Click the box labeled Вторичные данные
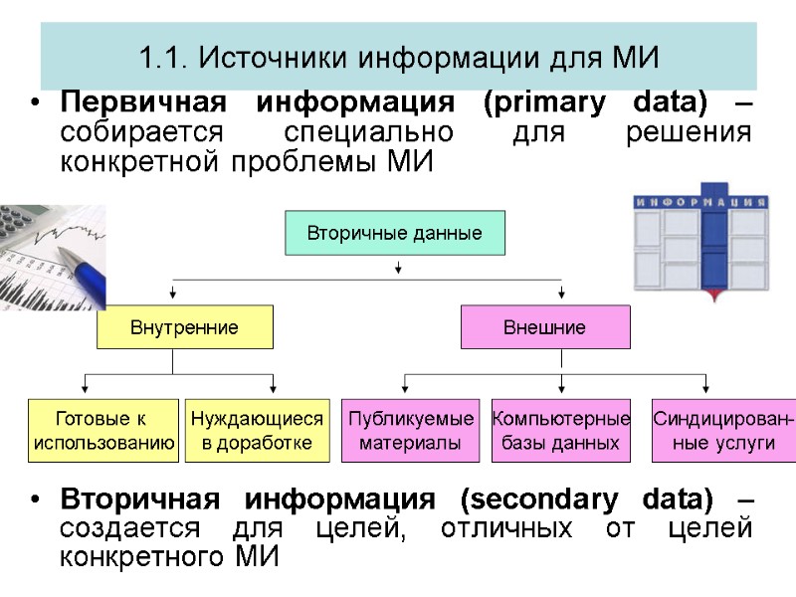click(395, 234)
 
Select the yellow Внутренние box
click(184, 327)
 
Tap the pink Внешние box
click(544, 327)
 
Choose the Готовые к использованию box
click(104, 431)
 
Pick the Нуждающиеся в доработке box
click(257, 431)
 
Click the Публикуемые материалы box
click(410, 431)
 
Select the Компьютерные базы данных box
click(561, 431)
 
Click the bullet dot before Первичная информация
click(36, 104)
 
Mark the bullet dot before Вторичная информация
click(36, 499)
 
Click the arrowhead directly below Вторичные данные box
click(398, 269)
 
